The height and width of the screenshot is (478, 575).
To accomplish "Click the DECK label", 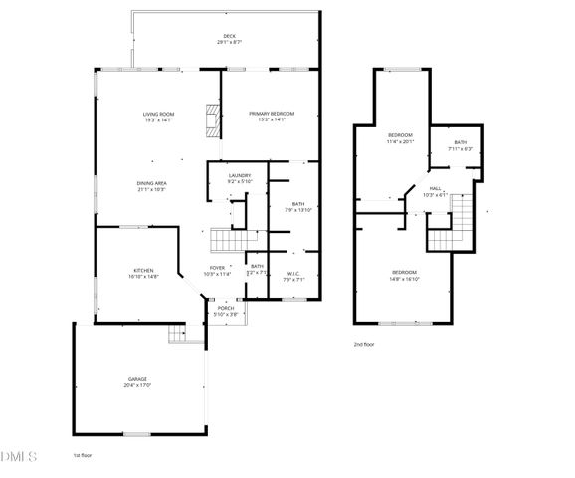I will coord(229,36).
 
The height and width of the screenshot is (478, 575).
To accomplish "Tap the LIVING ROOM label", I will coord(158,115).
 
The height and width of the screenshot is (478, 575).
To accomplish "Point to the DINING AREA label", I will coord(151,183).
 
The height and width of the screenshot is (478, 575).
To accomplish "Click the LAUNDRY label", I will coord(240,175).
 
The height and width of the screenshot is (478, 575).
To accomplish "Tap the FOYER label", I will coord(217,268).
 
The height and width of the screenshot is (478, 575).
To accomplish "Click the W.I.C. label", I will coord(293,274).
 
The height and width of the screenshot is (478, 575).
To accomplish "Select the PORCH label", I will coord(226,309).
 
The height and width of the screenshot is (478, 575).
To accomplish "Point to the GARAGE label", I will coord(137,379).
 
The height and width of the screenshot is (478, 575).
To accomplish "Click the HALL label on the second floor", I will coord(436,188).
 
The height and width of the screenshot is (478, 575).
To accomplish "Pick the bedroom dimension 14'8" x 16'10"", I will coord(404,280).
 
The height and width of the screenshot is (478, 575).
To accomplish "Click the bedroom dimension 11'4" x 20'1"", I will coord(399,140).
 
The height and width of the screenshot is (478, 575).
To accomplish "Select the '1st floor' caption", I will coord(83,455).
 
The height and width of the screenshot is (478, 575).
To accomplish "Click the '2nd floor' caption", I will coord(364,344).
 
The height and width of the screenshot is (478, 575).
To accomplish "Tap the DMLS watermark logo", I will coord(18,457).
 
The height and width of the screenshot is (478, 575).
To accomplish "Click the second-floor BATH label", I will coord(460,142).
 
